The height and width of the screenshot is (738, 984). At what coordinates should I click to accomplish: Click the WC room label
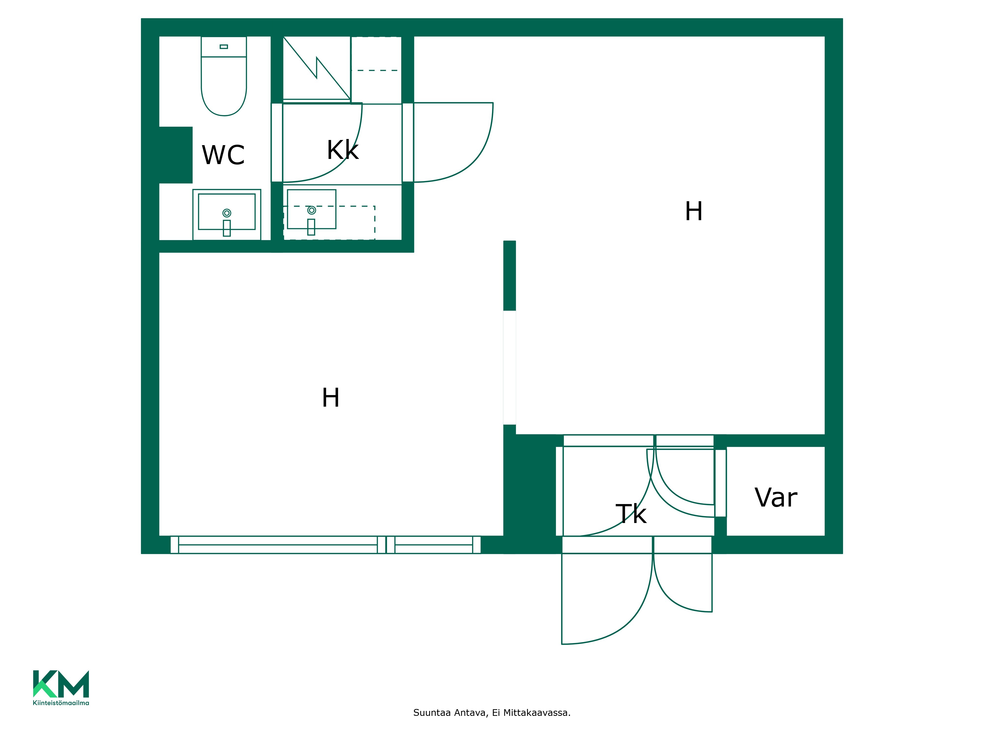point(223,155)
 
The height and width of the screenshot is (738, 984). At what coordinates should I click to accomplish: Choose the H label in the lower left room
point(331,398)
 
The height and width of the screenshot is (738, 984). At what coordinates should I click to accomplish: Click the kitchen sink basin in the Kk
point(311,209)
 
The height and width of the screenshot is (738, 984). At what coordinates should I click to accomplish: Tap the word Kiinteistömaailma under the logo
point(61,703)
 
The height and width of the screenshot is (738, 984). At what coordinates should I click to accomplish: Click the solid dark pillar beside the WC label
point(176,155)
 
